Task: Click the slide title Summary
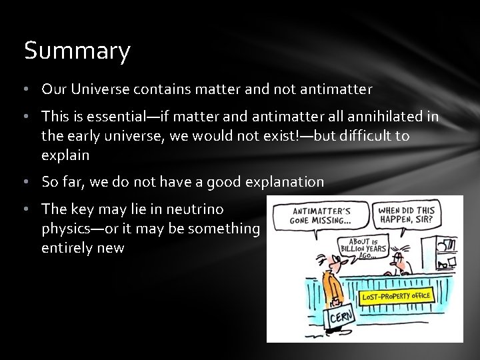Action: [77, 51]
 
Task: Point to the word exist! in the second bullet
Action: [283, 135]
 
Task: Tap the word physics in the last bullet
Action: [64, 228]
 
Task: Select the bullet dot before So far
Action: [28, 181]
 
